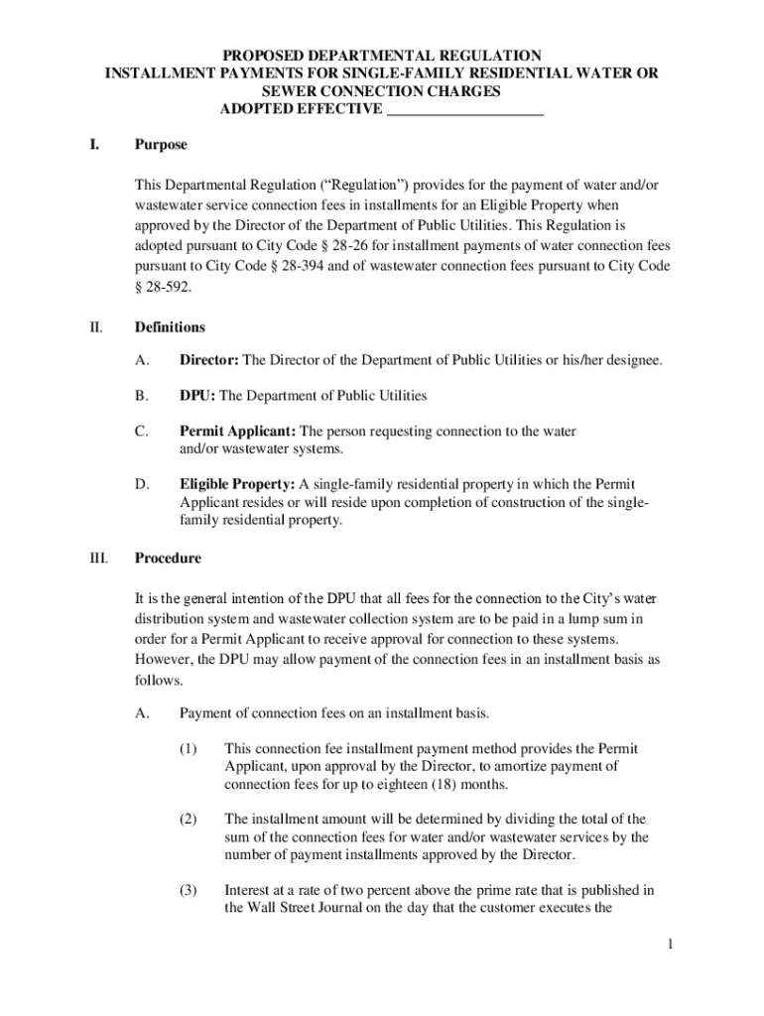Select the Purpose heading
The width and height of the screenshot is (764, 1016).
click(161, 145)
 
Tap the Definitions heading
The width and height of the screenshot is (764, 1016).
click(170, 327)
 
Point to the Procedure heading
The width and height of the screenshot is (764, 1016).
click(168, 559)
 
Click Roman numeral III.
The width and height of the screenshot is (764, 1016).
click(98, 559)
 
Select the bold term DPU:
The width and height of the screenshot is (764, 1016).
click(197, 396)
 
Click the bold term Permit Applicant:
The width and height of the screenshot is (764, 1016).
click(237, 432)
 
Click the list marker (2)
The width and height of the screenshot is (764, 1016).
click(189, 820)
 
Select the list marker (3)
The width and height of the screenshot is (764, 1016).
click(189, 891)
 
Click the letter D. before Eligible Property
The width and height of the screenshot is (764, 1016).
click(142, 485)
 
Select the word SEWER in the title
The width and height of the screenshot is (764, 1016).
click(295, 92)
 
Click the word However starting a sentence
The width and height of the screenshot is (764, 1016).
click(162, 660)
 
